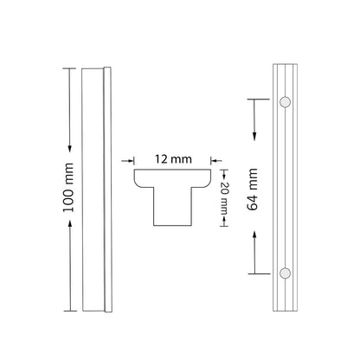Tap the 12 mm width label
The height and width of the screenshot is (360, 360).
(174, 159)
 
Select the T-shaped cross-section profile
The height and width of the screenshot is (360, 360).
(174, 195)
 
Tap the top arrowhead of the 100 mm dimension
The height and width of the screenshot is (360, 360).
(68, 72)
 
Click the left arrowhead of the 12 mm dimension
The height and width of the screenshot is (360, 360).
(134, 160)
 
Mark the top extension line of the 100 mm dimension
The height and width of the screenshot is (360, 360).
(69, 67)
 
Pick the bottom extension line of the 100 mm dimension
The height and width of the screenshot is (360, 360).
(69, 308)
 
